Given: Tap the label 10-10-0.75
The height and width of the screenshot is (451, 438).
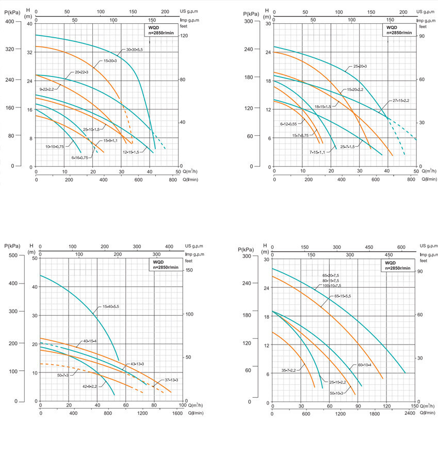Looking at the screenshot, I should tap(54, 147).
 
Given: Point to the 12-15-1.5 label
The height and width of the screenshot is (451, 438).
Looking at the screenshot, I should tap(132, 152).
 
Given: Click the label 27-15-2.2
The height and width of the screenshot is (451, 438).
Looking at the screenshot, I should tap(400, 100).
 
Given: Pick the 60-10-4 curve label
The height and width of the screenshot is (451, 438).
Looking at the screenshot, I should tap(364, 365).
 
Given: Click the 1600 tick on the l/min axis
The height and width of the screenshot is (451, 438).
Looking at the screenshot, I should tap(177, 413).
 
